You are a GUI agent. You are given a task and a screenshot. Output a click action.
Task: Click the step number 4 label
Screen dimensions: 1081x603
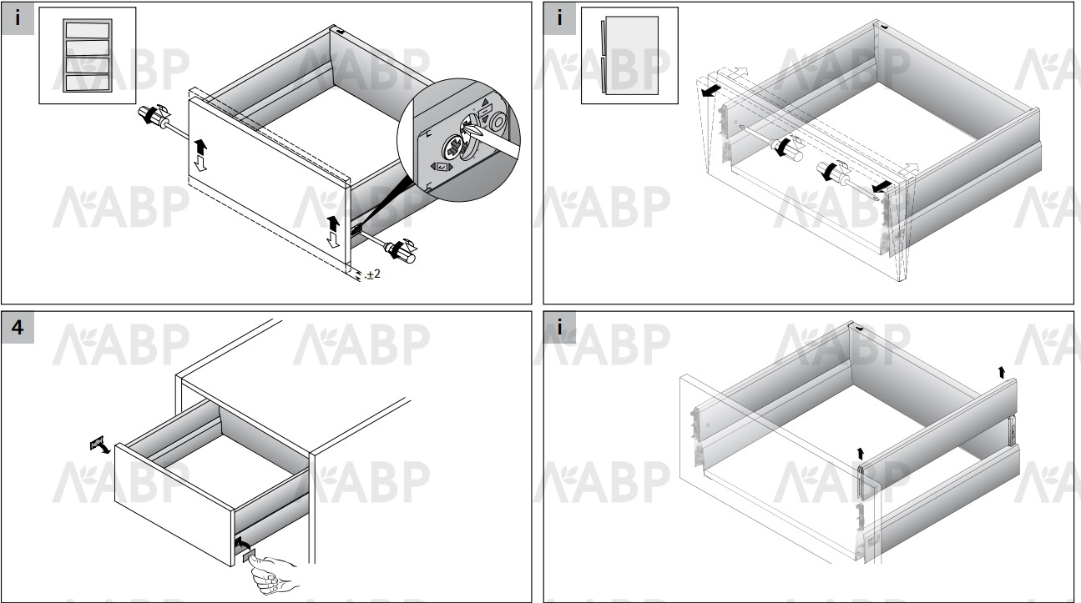(x=18, y=328)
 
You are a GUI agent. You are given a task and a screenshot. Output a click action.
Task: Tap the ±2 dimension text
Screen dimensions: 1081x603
(x=373, y=274)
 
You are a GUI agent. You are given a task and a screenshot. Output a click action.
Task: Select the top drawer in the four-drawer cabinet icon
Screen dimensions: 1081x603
(x=88, y=30)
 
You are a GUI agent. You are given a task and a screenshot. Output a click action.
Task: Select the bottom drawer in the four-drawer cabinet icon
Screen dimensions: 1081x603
(x=88, y=83)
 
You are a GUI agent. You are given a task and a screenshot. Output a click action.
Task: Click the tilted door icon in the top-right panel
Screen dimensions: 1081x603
(x=629, y=55)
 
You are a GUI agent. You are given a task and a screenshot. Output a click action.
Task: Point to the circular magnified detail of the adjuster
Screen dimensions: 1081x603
(x=458, y=140)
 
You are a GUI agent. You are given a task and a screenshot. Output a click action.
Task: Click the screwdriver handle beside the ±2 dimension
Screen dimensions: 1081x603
(x=401, y=252)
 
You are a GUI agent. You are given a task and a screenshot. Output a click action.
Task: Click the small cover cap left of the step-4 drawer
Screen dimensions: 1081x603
(x=97, y=443)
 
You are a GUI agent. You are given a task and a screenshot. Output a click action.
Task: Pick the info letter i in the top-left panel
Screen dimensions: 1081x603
(x=18, y=18)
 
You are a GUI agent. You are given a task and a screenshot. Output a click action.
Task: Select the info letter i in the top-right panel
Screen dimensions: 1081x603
(x=559, y=18)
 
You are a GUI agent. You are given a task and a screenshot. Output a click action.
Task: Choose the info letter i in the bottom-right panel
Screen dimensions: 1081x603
(x=559, y=328)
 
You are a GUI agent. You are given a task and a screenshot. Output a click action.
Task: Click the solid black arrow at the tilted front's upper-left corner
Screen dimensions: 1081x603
(x=711, y=90)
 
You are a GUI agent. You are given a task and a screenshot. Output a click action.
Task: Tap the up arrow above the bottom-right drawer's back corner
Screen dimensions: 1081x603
(x=1002, y=372)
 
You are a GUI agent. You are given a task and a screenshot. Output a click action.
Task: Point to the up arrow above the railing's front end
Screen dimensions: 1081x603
(x=860, y=454)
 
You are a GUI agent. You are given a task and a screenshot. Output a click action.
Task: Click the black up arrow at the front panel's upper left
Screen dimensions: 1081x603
(x=200, y=147)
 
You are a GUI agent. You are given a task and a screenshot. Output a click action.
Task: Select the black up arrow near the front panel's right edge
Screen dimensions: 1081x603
(x=333, y=224)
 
